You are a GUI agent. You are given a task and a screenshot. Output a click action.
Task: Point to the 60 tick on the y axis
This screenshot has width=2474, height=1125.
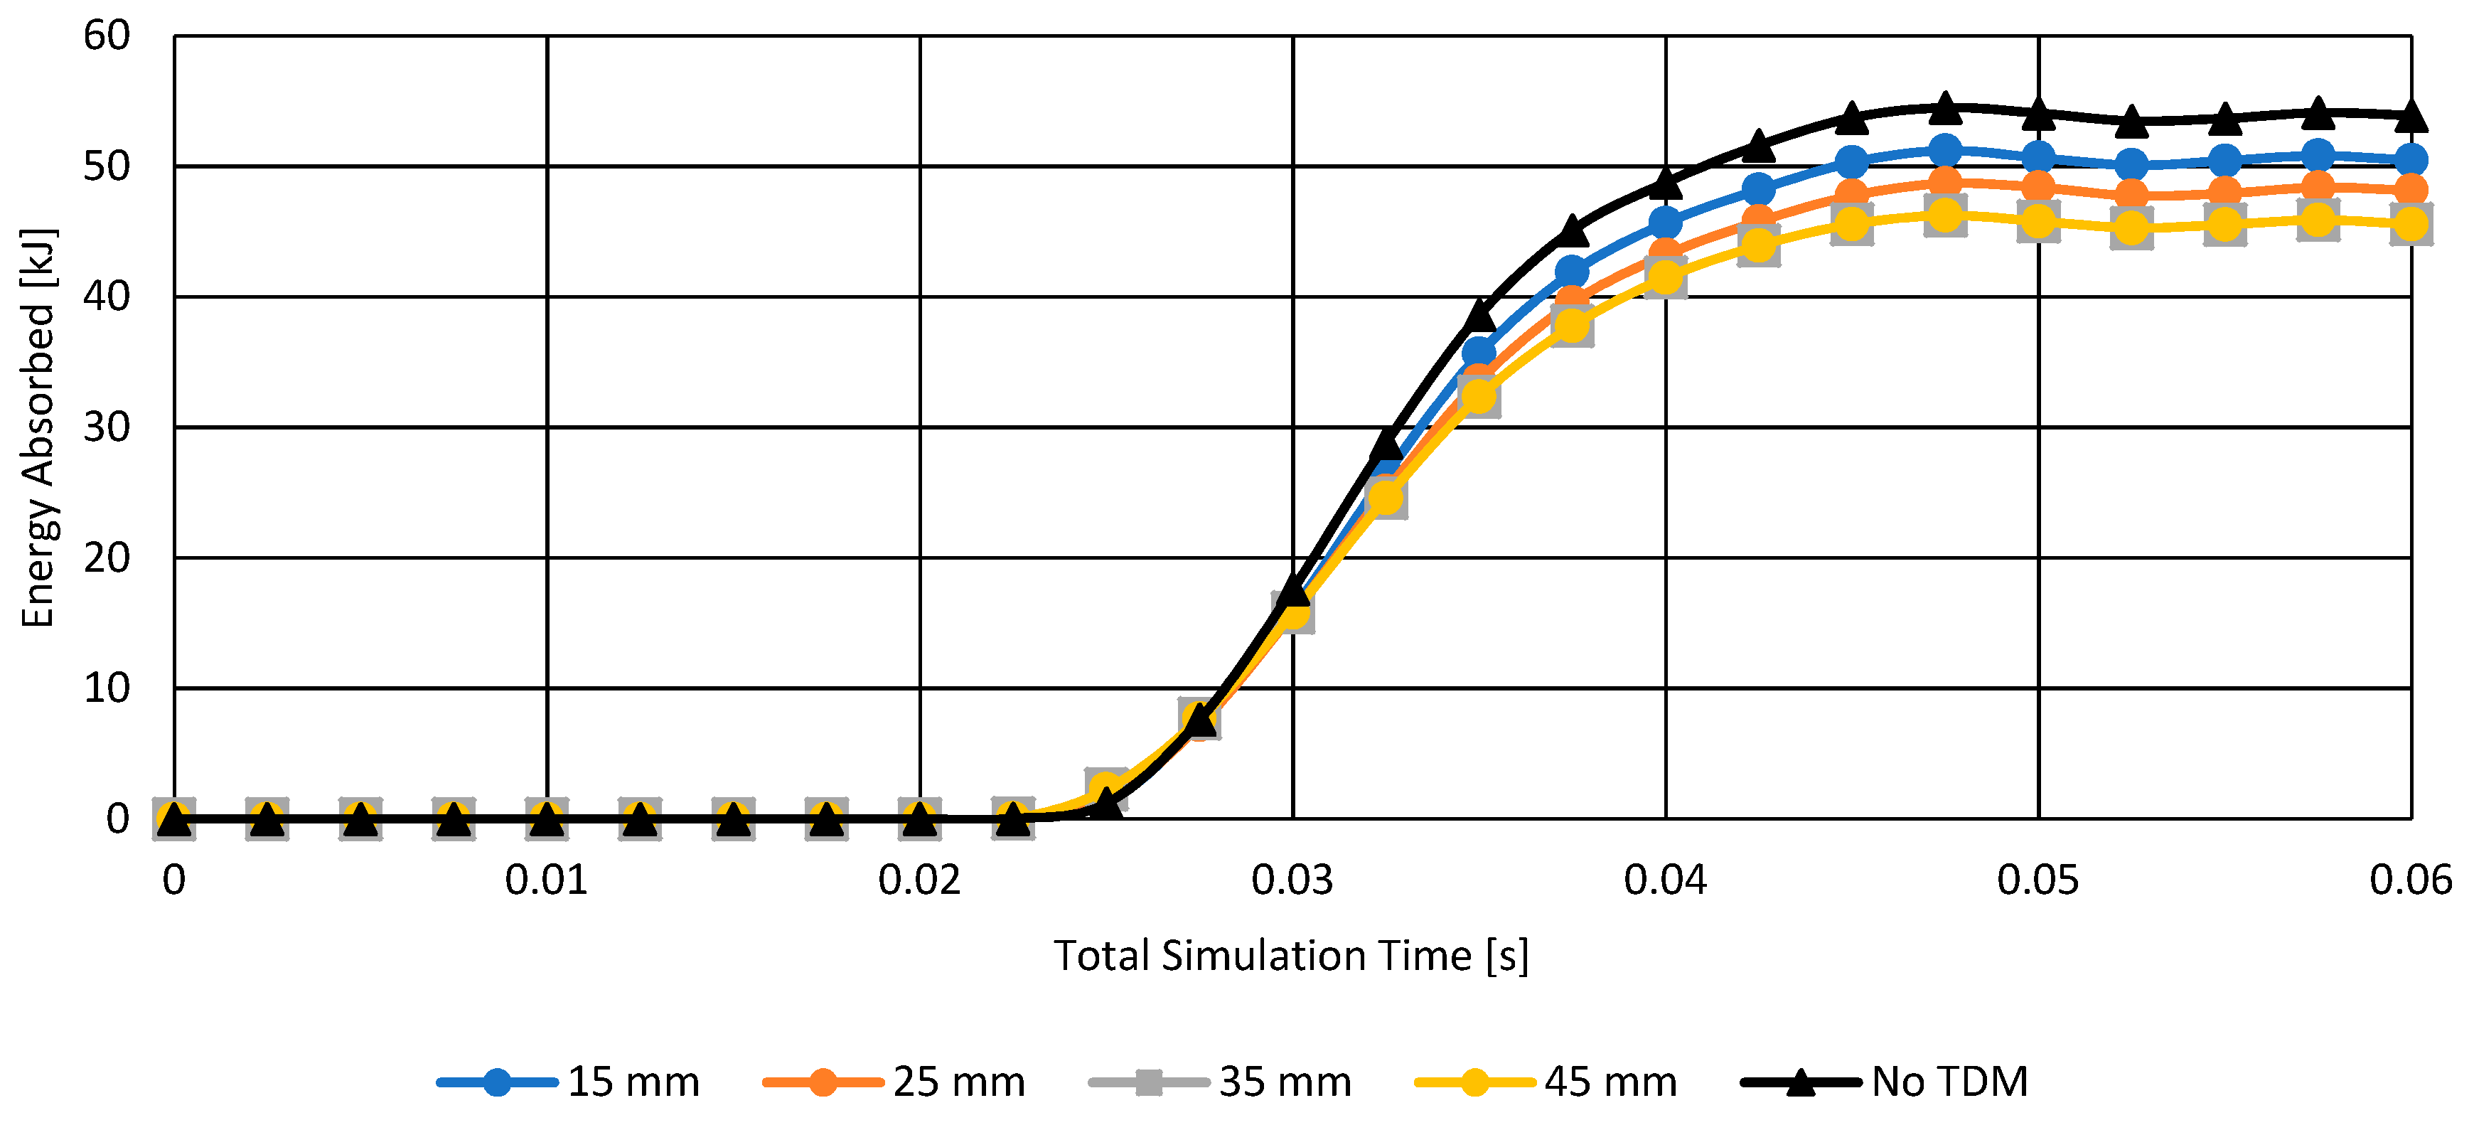[107, 36]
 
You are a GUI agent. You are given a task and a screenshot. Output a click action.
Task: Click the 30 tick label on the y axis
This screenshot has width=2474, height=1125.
[107, 427]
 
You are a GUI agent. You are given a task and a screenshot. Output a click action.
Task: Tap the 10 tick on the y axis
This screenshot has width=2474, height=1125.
[107, 688]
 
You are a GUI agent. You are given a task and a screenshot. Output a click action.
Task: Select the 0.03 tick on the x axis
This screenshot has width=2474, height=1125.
[1292, 880]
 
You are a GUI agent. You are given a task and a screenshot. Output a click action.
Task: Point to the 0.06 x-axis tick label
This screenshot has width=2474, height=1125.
[2409, 880]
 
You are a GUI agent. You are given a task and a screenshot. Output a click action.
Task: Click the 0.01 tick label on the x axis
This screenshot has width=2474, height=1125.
[547, 880]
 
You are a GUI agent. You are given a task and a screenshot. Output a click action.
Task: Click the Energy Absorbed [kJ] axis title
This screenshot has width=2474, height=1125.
[38, 427]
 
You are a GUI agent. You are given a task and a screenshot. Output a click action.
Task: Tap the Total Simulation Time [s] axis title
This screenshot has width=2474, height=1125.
[1291, 956]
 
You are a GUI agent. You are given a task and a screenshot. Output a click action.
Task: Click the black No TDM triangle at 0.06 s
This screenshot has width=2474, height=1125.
[2411, 117]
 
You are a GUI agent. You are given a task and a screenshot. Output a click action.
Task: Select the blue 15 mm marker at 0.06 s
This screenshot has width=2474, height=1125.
[2411, 159]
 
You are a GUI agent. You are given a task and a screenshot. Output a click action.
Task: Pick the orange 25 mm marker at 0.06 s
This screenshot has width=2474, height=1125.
[2411, 189]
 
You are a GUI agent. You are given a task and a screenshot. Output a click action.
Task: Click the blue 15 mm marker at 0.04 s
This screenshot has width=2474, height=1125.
[1666, 223]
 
